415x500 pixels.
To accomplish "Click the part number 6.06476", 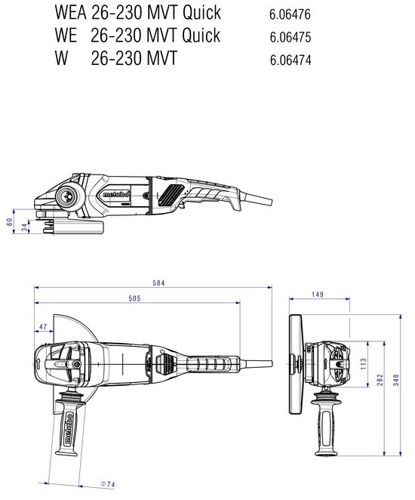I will tap(289, 14).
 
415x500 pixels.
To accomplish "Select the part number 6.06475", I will tap(289, 37).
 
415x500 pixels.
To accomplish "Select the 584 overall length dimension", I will tap(158, 283).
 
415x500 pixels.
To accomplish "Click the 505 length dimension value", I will tap(134, 299).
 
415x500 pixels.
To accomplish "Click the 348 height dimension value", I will tap(398, 376).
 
